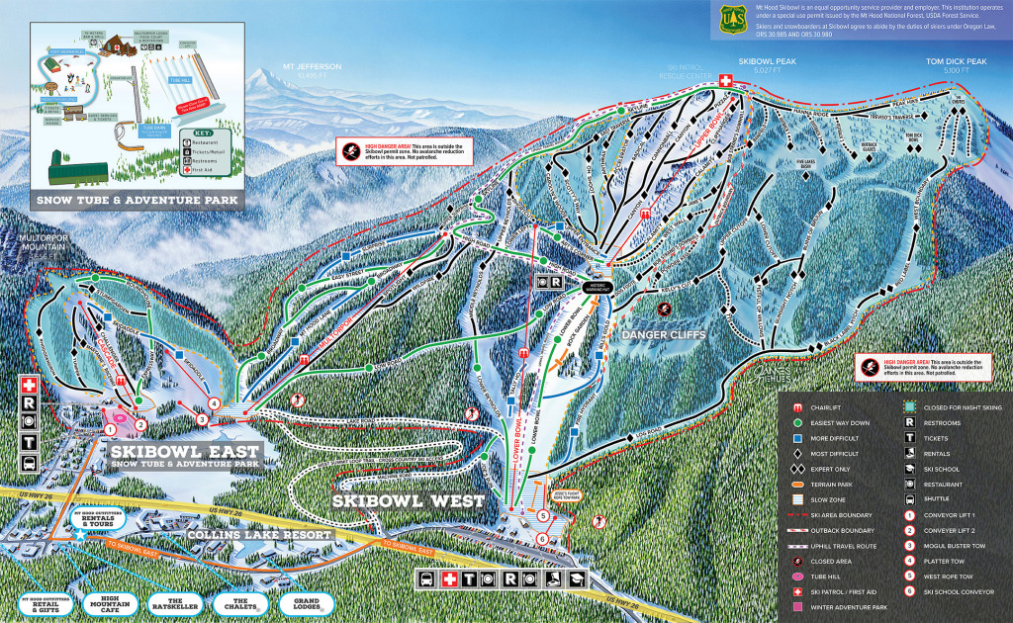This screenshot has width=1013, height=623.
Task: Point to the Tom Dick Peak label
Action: (x=955, y=65)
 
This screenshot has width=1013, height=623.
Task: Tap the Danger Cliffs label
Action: (x=662, y=335)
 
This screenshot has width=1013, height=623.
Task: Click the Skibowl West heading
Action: (x=409, y=501)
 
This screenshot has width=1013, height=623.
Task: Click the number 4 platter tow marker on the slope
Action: (x=214, y=403)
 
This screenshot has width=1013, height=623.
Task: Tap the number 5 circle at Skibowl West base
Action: (x=542, y=516)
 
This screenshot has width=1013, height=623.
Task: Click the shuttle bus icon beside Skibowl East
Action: (x=30, y=462)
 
